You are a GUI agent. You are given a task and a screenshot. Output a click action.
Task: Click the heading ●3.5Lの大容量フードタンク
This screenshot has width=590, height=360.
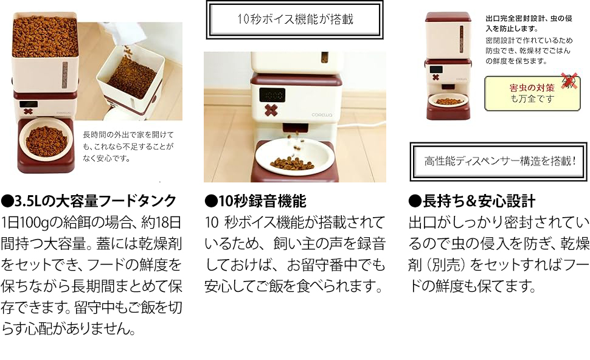(x=89, y=201)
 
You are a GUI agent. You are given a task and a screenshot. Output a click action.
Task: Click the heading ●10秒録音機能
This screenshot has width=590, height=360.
(x=255, y=201)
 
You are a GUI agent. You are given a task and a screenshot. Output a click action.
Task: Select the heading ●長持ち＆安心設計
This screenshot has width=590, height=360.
(x=472, y=201)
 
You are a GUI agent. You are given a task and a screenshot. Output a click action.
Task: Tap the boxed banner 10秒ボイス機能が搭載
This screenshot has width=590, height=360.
(x=294, y=19)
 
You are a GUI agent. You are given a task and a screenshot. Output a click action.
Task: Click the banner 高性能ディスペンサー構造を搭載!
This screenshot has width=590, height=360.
(x=499, y=161)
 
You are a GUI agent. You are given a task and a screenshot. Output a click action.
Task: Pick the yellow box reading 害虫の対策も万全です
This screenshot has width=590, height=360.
(x=532, y=93)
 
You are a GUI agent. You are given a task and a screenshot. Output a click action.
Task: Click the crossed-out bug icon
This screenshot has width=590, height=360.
(x=569, y=80)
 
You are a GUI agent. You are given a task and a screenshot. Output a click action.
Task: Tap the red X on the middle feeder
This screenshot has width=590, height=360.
(x=271, y=110)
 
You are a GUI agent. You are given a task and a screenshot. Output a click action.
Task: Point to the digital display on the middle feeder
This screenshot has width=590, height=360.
(x=272, y=94)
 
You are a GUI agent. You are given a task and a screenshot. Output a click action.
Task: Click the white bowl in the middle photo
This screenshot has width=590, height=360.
(x=295, y=156)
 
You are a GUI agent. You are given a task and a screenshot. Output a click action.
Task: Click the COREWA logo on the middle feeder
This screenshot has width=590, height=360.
(x=321, y=115)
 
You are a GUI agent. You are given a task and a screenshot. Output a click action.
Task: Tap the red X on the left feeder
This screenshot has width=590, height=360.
(x=28, y=111)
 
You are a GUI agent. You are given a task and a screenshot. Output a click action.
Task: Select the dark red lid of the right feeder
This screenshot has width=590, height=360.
(x=448, y=16)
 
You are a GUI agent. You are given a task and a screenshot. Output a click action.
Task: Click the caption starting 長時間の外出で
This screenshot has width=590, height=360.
(x=128, y=147)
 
